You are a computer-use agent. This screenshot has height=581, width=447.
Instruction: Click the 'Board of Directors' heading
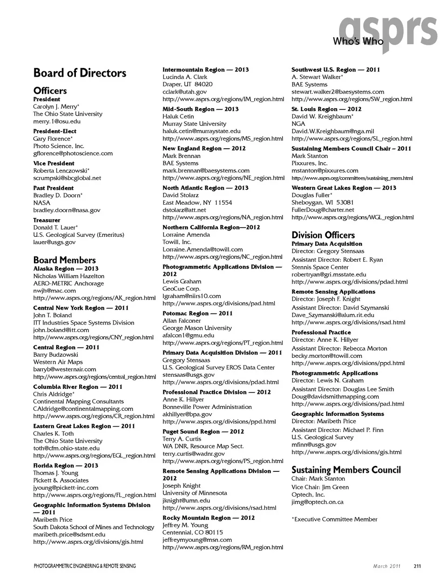(x=80, y=73)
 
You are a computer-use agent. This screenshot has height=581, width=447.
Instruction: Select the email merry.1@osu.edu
(x=57, y=121)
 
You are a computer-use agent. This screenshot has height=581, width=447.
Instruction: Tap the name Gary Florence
(x=53, y=138)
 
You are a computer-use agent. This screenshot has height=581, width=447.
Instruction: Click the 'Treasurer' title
(x=47, y=220)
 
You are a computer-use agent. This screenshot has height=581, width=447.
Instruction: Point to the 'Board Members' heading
(x=64, y=260)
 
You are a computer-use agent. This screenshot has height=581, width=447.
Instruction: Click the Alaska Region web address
(x=94, y=298)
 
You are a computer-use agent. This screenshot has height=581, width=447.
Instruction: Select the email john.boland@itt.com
(x=61, y=330)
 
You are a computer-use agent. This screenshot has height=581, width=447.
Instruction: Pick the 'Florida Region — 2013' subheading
(x=66, y=465)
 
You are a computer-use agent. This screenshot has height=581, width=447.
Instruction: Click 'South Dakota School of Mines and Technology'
(x=94, y=527)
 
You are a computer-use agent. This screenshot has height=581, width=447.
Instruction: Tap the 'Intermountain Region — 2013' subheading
(x=205, y=69)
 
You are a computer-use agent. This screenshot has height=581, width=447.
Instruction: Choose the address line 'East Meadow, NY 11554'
(x=197, y=202)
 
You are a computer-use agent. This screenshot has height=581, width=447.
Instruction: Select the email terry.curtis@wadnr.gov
(x=193, y=453)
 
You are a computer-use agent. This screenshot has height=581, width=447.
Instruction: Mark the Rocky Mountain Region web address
(x=223, y=547)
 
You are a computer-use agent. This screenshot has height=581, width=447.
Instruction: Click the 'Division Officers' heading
(x=323, y=235)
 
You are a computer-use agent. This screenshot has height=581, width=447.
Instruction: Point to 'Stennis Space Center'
(x=320, y=267)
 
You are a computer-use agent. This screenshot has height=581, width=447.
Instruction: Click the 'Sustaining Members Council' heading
(x=346, y=470)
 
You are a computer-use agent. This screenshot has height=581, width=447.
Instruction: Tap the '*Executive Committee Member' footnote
(x=334, y=519)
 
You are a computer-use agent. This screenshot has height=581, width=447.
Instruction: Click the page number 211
(x=417, y=566)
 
